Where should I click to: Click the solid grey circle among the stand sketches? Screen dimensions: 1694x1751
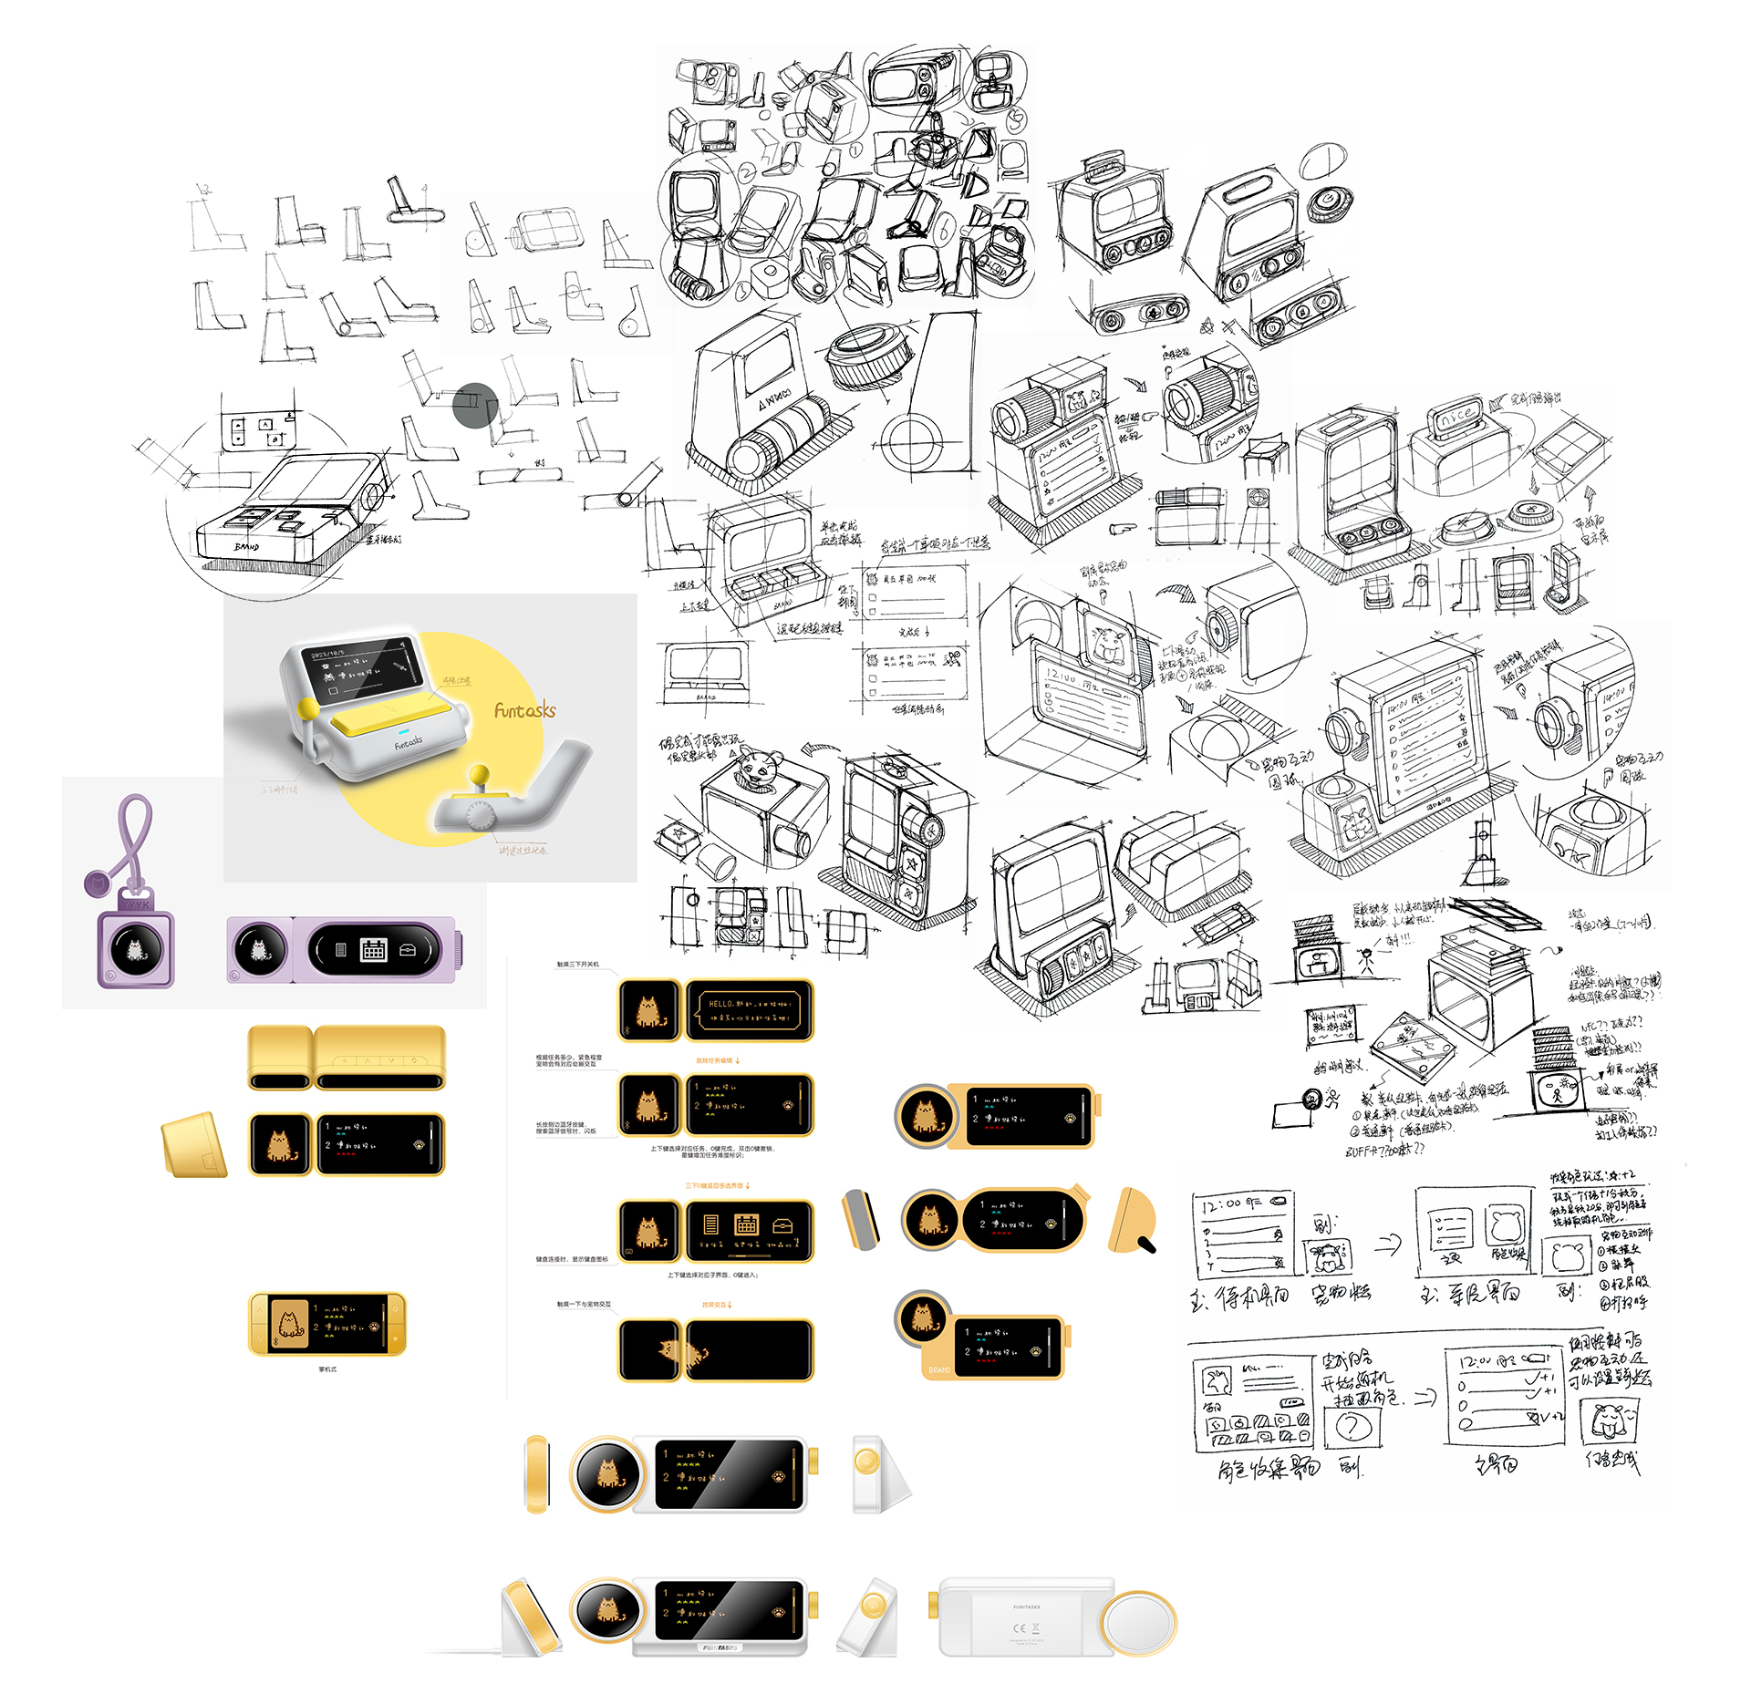[x=475, y=406]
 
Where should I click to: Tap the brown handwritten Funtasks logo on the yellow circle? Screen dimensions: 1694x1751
[x=524, y=710]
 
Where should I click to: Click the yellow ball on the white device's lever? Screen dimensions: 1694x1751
[x=309, y=708]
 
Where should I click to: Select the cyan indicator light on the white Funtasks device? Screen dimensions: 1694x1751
[x=402, y=731]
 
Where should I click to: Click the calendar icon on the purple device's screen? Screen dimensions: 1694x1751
[x=373, y=949]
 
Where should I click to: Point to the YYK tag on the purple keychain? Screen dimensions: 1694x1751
[x=137, y=904]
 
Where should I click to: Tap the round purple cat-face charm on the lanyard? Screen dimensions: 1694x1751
[x=96, y=882]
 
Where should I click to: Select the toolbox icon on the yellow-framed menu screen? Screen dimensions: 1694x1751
[x=782, y=1225]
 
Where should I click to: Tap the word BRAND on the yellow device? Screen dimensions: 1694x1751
[x=939, y=1369]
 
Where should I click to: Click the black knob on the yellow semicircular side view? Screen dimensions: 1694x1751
[x=1146, y=1242]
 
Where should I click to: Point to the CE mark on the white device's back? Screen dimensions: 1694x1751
[x=1020, y=1628]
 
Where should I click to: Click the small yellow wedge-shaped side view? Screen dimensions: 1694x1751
[x=193, y=1144]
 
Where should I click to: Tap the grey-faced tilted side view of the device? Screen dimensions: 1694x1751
[x=860, y=1218]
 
